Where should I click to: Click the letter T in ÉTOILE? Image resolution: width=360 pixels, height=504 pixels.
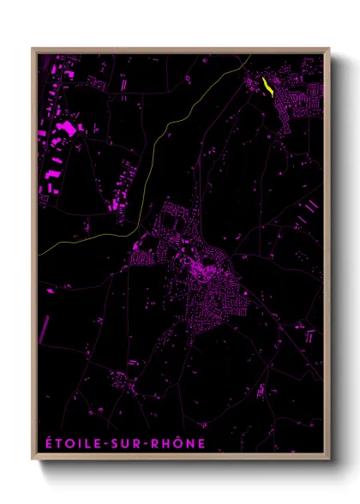(57, 444)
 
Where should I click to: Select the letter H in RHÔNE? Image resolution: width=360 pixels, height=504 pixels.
(172, 444)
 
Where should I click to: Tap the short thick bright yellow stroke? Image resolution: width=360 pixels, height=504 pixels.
(268, 87)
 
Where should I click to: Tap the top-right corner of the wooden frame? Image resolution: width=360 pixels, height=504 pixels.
(329, 49)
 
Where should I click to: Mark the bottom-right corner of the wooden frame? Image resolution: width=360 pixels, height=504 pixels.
(329, 460)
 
